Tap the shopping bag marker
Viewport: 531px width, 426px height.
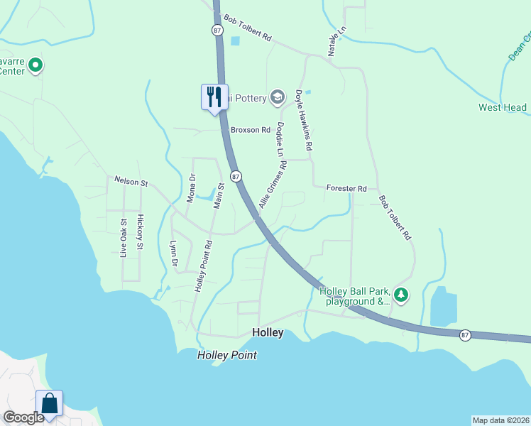coord(50,403)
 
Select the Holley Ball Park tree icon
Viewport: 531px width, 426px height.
coord(401,294)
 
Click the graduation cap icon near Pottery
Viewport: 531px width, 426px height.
coord(278,98)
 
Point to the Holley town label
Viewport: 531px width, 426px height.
coord(268,332)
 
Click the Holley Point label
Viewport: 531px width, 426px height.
coord(226,355)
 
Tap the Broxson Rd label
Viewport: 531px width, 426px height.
coord(251,130)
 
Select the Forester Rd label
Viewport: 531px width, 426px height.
coord(346,188)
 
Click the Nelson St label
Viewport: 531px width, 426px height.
coord(131,181)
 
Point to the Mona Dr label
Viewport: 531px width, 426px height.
coord(191,188)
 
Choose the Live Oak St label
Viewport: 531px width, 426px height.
coord(124,238)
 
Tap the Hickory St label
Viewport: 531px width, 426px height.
coord(140,231)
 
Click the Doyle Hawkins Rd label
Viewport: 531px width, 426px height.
coord(304,119)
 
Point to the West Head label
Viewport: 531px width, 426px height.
coord(503,108)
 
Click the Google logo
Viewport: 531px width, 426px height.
coord(23,417)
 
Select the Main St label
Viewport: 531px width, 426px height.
coord(219,195)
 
